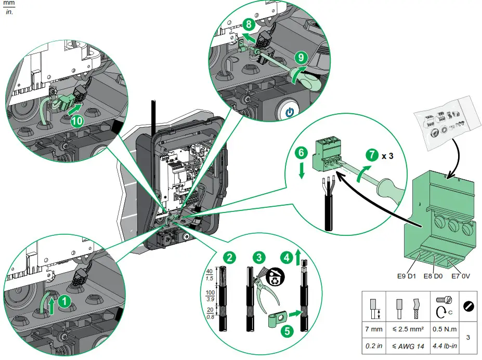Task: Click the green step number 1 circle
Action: click(x=63, y=300)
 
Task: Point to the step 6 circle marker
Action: click(x=301, y=153)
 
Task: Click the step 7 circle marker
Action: click(x=372, y=154)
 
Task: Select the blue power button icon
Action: click(x=289, y=113)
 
